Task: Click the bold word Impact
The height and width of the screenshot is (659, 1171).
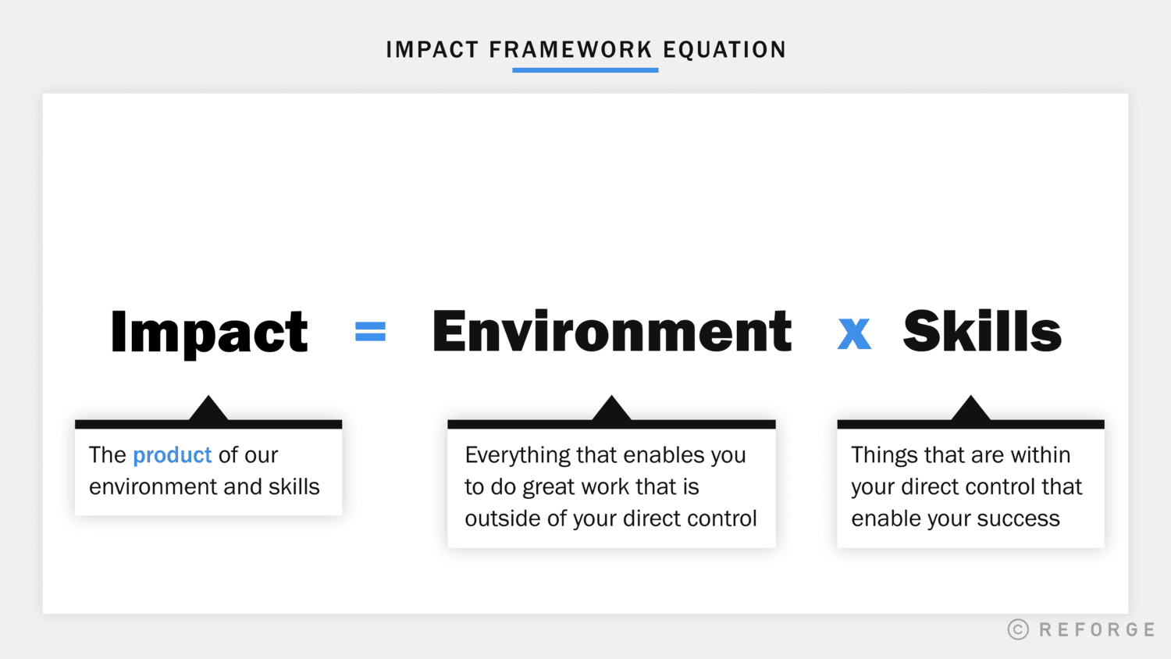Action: point(209,333)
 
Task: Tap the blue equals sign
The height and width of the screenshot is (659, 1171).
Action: point(370,333)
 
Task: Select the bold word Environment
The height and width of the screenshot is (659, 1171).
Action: point(612,331)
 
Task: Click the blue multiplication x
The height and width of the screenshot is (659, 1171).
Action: point(854,333)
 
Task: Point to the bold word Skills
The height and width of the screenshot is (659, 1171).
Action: point(982,331)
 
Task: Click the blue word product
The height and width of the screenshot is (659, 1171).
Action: point(173,455)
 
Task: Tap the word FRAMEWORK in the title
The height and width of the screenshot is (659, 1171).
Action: point(570,50)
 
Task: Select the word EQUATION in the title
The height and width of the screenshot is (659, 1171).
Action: point(724,50)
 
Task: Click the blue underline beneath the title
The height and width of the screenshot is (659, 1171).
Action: point(585,70)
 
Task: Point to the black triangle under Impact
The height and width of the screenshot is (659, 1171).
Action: point(208,410)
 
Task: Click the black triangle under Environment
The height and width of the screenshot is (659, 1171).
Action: point(611,410)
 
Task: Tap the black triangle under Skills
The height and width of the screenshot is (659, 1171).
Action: point(970,410)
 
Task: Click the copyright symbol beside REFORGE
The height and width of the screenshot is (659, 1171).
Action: point(1018,629)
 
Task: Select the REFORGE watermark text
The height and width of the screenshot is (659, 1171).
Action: point(1097,629)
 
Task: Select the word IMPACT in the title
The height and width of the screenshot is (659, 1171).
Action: point(432,50)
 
